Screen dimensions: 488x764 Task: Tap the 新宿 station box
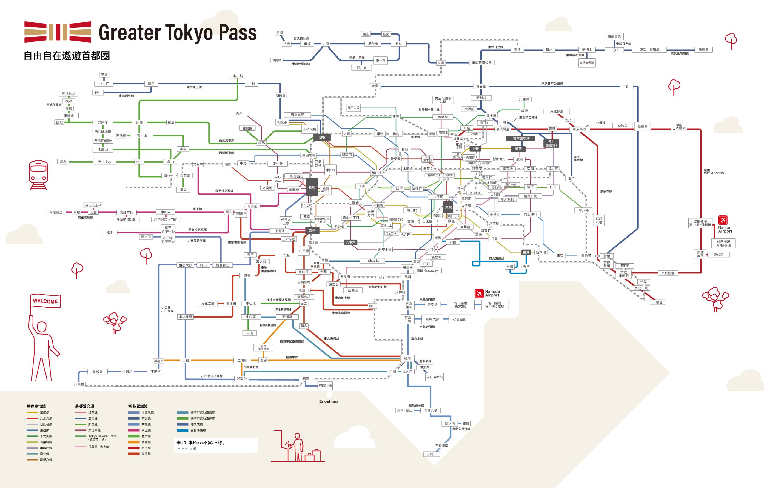[x=312, y=187]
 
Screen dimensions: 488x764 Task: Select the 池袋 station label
[x=322, y=137]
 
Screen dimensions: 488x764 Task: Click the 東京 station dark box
[x=448, y=207]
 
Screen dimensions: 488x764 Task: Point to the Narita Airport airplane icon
[x=723, y=220]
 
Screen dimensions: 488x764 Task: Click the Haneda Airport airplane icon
[x=478, y=293]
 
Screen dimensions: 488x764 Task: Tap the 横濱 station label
[x=407, y=358]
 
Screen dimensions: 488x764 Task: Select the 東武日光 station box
[x=614, y=36]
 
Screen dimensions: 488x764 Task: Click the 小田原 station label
[x=79, y=384]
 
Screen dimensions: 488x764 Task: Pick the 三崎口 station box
[x=432, y=454]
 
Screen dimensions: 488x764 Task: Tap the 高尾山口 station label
[x=56, y=212]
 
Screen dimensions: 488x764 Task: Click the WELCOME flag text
[x=45, y=301]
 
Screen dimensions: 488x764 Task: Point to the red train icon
[x=38, y=175]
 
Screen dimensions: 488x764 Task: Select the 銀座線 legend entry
[x=44, y=412]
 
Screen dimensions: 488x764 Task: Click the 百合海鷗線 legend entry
[x=198, y=430]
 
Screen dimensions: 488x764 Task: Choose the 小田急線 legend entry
[x=147, y=412]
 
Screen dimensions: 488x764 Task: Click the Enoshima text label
[x=329, y=401]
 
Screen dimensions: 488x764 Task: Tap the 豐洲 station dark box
[x=526, y=252]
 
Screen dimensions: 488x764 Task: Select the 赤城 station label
[x=279, y=33]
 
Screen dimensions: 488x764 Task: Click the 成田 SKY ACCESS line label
[x=713, y=172]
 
